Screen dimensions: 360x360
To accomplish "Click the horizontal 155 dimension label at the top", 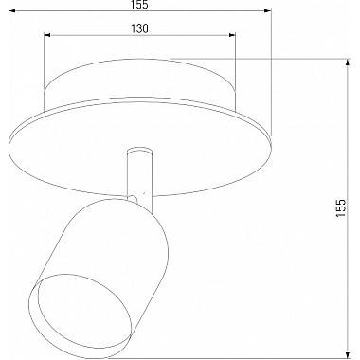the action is pos(140,5).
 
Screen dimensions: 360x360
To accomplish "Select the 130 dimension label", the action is pos(139,28).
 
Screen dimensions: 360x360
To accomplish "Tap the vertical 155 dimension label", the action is pos(341,207).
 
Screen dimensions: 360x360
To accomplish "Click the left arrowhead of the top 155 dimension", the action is pos(12,11).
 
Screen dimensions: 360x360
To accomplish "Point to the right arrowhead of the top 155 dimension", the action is pos(268,11).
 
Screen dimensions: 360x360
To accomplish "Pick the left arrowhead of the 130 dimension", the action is pos(47,35).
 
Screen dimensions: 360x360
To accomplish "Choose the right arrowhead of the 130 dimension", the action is pos(232,35).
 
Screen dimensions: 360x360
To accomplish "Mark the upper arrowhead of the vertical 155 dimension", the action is pos(348,63).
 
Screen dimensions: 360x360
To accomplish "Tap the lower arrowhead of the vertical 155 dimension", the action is pos(348,354).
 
